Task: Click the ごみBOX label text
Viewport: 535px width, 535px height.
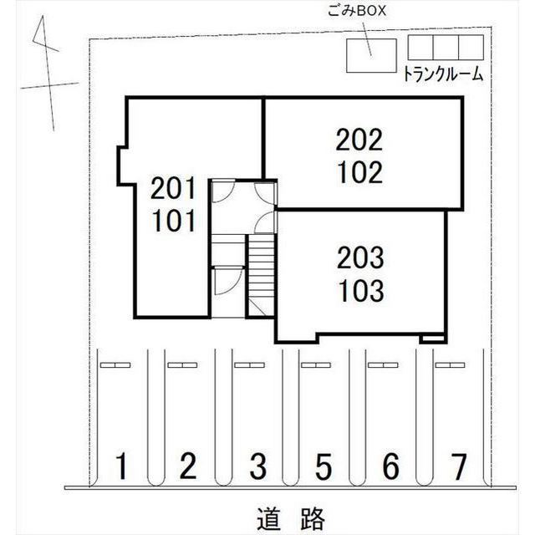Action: tap(357, 11)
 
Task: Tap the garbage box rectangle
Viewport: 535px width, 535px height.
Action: tap(371, 56)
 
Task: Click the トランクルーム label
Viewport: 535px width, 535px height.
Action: tap(443, 74)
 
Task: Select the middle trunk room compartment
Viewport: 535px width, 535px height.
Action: tap(446, 47)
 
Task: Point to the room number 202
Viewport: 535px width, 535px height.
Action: tap(359, 140)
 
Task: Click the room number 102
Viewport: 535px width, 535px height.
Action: tap(360, 172)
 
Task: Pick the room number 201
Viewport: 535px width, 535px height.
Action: tap(173, 188)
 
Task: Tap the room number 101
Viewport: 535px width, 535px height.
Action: tap(174, 221)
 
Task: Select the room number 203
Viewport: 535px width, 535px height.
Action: tap(360, 258)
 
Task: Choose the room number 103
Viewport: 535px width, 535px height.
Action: tap(361, 291)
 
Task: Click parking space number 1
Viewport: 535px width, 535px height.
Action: tap(121, 466)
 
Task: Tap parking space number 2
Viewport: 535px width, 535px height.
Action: tap(188, 466)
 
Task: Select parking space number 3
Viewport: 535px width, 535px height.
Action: tap(258, 466)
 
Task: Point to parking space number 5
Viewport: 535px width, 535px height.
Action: tap(324, 466)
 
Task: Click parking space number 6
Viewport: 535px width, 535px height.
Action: tap(390, 466)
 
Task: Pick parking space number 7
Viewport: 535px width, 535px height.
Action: tap(458, 466)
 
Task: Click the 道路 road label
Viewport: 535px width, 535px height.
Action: tap(290, 518)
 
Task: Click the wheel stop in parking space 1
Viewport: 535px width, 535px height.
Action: tap(115, 365)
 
